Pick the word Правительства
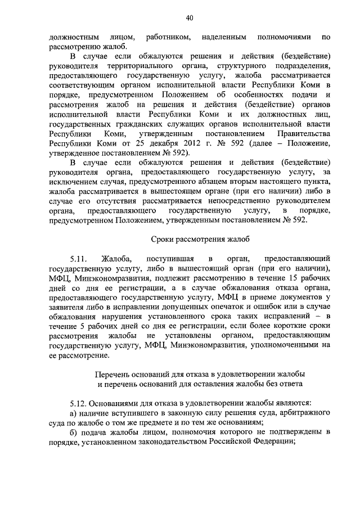pos(304,133)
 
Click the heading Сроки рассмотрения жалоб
pos(189,240)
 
